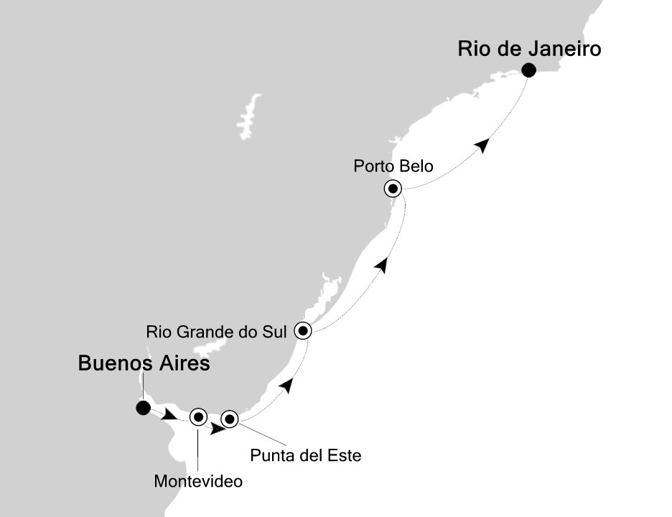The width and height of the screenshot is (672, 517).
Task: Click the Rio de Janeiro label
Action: (529, 50)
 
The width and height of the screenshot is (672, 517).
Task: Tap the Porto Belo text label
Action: (393, 167)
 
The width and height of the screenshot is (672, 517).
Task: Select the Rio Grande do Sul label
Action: (216, 332)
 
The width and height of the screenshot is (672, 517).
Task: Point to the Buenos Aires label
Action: (144, 365)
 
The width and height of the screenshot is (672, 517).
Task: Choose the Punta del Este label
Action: (304, 455)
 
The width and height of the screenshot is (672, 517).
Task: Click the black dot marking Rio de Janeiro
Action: (529, 70)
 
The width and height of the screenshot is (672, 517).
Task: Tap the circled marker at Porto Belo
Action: (393, 189)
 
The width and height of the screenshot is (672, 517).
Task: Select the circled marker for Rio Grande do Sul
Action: (303, 331)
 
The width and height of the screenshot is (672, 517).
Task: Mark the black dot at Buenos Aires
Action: (143, 408)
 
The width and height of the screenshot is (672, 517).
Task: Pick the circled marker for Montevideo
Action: (198, 416)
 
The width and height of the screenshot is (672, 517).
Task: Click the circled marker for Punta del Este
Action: (229, 419)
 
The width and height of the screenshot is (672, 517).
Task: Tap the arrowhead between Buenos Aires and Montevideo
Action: (171, 414)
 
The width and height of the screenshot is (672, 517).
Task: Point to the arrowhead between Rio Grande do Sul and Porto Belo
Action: (383, 266)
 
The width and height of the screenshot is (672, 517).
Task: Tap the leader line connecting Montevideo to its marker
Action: (198, 449)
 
